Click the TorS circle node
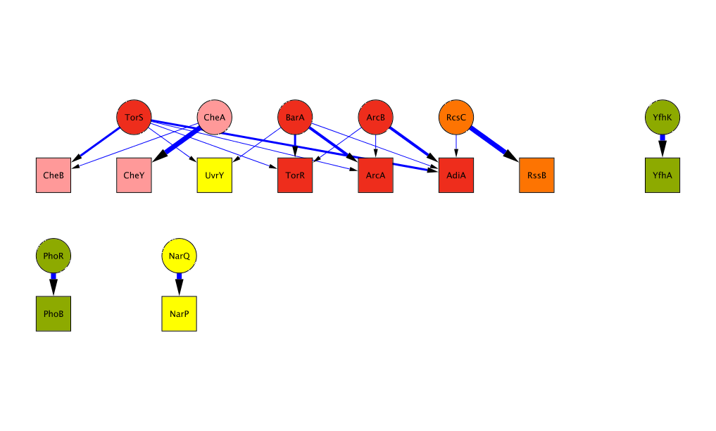point(134,118)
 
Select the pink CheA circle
point(214,118)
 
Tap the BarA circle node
point(295,118)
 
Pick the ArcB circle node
point(375,118)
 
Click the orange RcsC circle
point(456,118)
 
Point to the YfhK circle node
point(662,118)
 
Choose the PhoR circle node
point(54,256)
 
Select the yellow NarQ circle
point(180,256)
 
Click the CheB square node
point(54,175)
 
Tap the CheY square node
point(134,175)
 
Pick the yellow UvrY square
point(214,175)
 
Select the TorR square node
point(295,175)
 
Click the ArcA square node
point(375,175)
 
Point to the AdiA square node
point(456,175)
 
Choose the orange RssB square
point(536,175)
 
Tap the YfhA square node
point(662,175)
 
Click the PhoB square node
point(54,314)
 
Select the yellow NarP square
point(180,314)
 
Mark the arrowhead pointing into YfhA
point(662,149)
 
